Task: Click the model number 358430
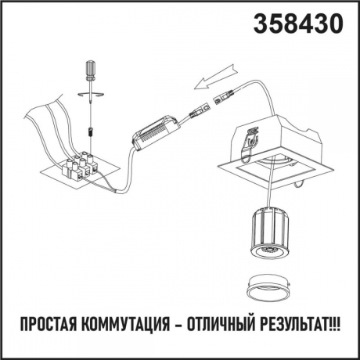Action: (299, 24)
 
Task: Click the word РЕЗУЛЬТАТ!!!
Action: (301, 324)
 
